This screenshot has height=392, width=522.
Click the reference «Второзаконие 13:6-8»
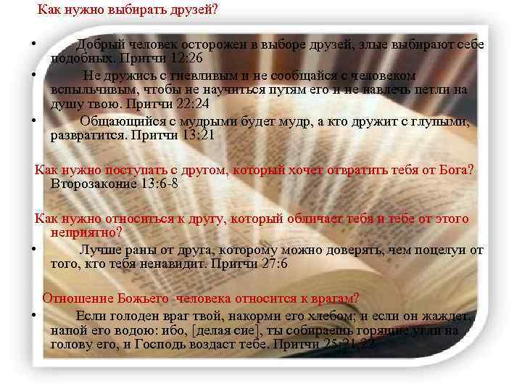tap(115, 183)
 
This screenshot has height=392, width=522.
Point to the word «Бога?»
tap(453, 170)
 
